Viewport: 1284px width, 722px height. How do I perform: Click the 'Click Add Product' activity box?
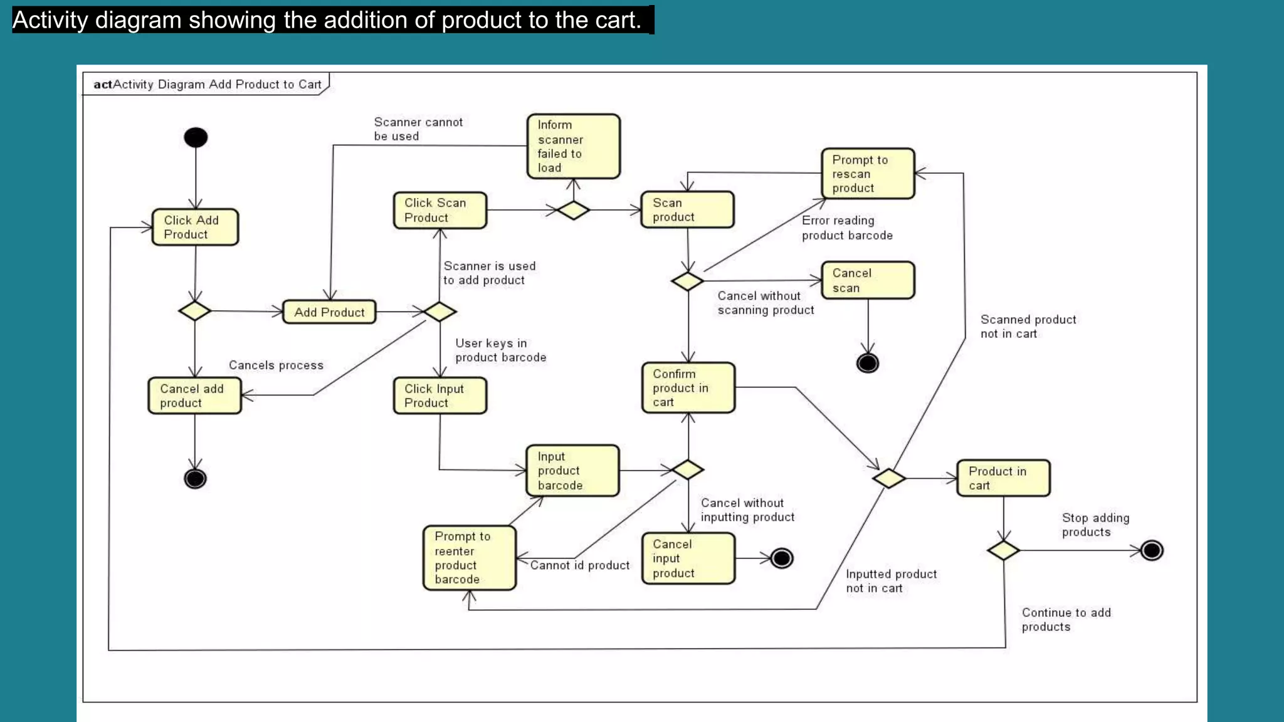pyautogui.click(x=195, y=227)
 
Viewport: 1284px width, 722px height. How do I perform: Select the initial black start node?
pyautogui.click(x=196, y=137)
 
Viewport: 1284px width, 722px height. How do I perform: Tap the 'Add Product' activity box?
pyautogui.click(x=329, y=312)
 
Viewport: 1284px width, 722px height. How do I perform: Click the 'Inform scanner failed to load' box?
pyautogui.click(x=573, y=146)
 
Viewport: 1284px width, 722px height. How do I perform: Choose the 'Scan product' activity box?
pyautogui.click(x=687, y=210)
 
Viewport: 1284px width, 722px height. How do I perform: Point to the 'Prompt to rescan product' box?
pyautogui.click(x=868, y=174)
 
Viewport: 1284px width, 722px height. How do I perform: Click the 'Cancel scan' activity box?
pyautogui.click(x=868, y=280)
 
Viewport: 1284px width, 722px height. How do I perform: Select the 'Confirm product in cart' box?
pyautogui.click(x=688, y=388)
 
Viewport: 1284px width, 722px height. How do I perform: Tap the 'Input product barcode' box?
pyautogui.click(x=572, y=471)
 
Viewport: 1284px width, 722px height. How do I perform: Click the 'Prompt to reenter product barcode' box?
pyautogui.click(x=469, y=558)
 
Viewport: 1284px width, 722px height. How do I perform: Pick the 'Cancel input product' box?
pyautogui.click(x=688, y=558)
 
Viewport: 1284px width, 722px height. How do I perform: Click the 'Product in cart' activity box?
pyautogui.click(x=1003, y=478)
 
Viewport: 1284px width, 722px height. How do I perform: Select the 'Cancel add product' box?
pyautogui.click(x=194, y=395)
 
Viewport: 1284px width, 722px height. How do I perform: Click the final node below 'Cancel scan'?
pyautogui.click(x=868, y=363)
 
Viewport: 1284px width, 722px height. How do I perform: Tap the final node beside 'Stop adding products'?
pyautogui.click(x=1152, y=550)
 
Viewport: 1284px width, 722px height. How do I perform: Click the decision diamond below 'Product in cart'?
pyautogui.click(x=1003, y=550)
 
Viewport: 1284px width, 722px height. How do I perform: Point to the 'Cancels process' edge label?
pyautogui.click(x=276, y=365)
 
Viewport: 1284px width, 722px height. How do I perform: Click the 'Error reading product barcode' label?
pyautogui.click(x=846, y=228)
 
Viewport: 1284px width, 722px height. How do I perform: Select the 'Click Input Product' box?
pyautogui.click(x=439, y=395)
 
